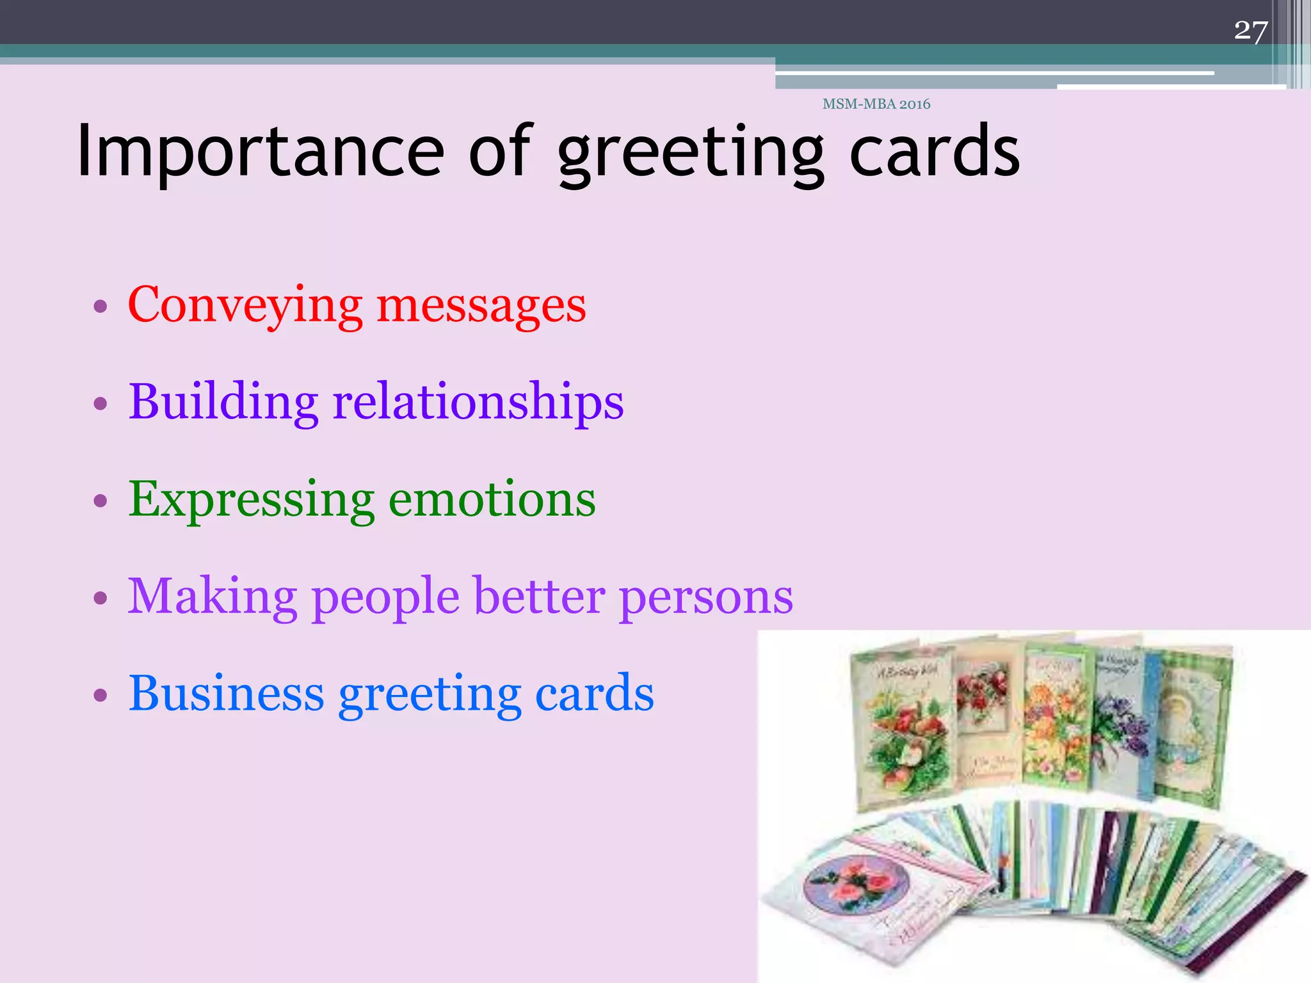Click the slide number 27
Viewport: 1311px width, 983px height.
(1250, 31)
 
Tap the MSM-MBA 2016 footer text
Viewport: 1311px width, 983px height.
(876, 104)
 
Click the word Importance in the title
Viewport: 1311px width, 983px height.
(260, 152)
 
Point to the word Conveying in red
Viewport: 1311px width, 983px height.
(245, 306)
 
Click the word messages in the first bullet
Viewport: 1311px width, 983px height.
(481, 306)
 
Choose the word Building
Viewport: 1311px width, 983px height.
(223, 402)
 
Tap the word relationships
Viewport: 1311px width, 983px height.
(478, 402)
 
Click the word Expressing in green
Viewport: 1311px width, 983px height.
(252, 500)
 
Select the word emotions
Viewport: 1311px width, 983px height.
(492, 500)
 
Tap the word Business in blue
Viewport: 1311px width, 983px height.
(226, 694)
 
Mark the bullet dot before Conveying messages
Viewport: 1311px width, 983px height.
(100, 306)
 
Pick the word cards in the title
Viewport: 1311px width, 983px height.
(934, 152)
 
